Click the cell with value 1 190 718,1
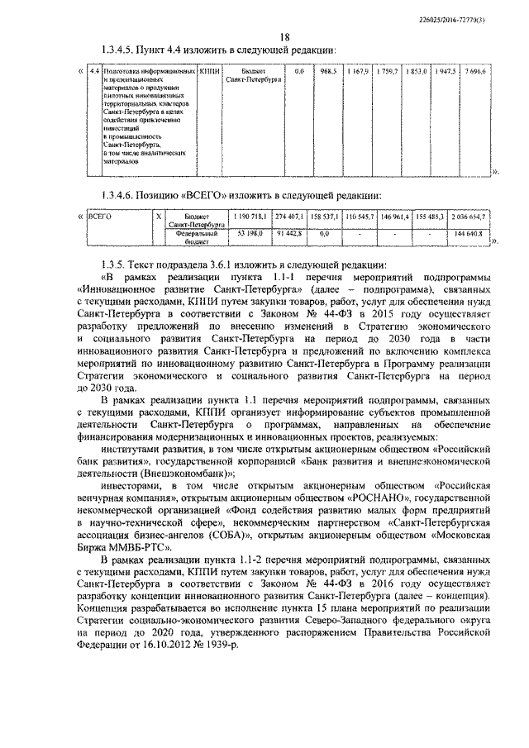click(x=250, y=217)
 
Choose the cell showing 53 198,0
click(x=250, y=234)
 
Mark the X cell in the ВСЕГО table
click(x=158, y=217)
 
